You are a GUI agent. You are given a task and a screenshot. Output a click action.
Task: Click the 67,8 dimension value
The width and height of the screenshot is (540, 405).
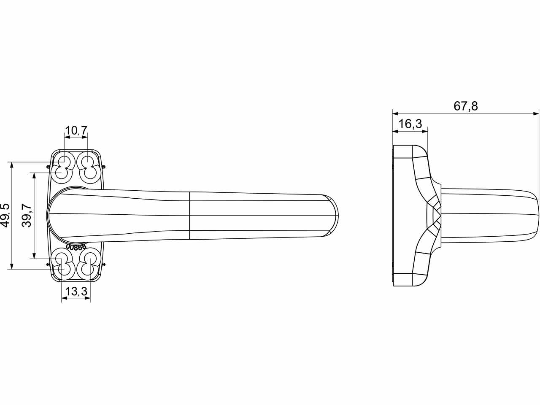tap(466, 106)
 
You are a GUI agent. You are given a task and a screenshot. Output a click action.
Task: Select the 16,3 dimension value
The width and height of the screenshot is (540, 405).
tap(410, 124)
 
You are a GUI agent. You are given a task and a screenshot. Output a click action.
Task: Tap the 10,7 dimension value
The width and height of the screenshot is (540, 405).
tap(76, 131)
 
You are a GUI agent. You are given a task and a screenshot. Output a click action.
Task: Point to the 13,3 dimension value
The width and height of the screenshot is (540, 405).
tap(76, 292)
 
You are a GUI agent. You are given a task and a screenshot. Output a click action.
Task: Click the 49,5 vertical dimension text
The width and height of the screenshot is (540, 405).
tap(5, 216)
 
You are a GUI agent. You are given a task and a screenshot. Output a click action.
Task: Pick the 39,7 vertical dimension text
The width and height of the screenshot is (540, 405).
tap(27, 216)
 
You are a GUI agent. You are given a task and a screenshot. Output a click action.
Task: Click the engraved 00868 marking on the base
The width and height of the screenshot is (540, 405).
tap(76, 247)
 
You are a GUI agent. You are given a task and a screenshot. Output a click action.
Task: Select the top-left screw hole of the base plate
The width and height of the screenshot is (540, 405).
tap(62, 167)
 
